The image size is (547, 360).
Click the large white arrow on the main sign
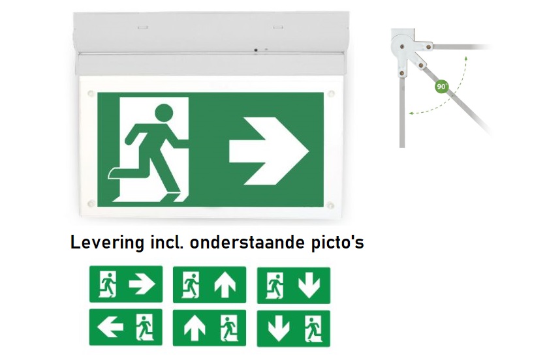[269, 151]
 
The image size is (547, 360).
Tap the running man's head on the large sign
[164, 113]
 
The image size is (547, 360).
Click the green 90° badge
[442, 86]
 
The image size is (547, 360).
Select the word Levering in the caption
[108, 242]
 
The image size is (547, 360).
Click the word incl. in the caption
[167, 242]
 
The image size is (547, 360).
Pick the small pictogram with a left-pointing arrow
[125, 327]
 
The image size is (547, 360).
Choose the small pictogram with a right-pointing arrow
[126, 284]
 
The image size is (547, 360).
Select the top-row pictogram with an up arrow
[210, 285]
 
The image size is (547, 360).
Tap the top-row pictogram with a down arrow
[293, 286]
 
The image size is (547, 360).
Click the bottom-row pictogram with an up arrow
[210, 328]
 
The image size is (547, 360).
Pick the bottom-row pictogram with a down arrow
[293, 329]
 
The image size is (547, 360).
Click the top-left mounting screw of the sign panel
[91, 93]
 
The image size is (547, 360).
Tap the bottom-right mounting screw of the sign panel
[330, 205]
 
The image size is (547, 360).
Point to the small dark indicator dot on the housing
[256, 50]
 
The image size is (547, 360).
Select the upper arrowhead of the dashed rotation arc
[466, 58]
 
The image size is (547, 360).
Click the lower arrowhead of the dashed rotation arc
[412, 113]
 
